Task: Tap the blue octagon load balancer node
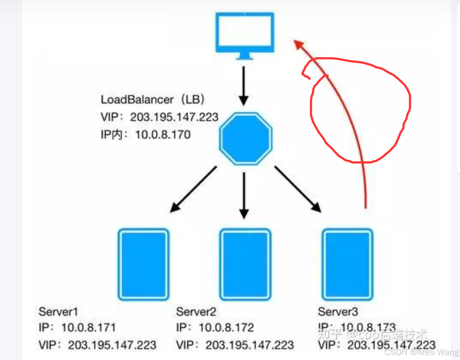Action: (x=246, y=138)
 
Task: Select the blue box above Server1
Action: (x=143, y=264)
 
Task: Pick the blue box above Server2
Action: (x=245, y=264)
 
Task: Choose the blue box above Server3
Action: (x=347, y=264)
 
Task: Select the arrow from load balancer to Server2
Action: (x=244, y=195)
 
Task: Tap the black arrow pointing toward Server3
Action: (x=298, y=189)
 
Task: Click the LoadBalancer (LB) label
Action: (x=152, y=100)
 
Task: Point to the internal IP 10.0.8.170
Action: (x=163, y=135)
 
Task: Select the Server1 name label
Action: (x=58, y=312)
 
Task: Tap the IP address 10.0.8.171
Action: (x=89, y=327)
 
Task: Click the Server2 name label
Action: (x=196, y=312)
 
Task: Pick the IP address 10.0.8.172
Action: (x=226, y=327)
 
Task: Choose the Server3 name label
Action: (x=338, y=312)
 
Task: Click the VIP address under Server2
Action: (x=250, y=345)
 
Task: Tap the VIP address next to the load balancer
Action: (x=174, y=117)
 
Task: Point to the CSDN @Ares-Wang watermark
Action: (x=421, y=352)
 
